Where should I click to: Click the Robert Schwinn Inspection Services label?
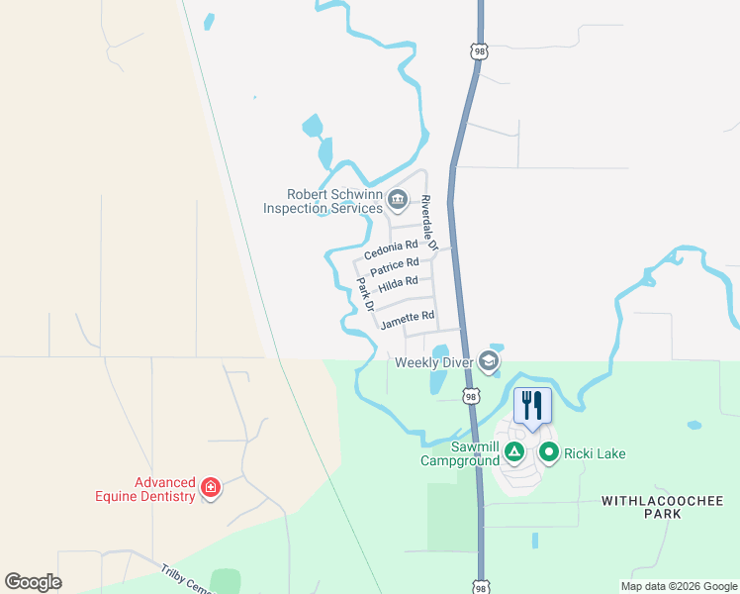pos(323,201)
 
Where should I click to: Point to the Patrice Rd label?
pos(394,266)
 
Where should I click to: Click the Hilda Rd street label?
pos(398,282)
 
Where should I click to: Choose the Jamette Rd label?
pos(408,318)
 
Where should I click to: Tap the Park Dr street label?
pos(364,294)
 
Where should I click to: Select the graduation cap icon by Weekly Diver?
pos(488,361)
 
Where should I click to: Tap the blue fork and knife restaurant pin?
pos(532,405)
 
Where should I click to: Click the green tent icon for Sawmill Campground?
pos(513,453)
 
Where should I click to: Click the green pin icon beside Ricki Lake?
pos(549,453)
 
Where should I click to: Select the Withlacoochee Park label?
pos(642,508)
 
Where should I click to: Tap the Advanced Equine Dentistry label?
pos(164,489)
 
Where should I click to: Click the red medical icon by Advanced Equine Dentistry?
pos(210,488)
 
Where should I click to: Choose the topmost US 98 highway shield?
pos(479,49)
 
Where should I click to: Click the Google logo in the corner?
pos(34,582)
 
